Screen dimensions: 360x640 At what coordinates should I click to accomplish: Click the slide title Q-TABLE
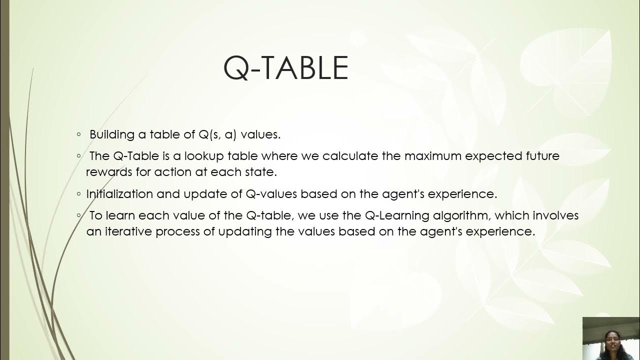285,68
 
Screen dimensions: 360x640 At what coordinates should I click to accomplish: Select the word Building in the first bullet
112,134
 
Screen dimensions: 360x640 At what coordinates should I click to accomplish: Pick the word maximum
433,156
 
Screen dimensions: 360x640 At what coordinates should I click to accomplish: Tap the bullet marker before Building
79,134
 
